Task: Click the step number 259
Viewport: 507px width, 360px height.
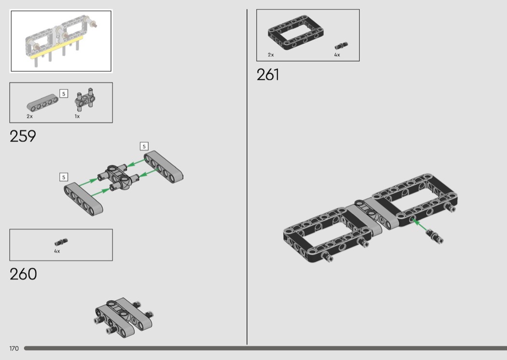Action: pos(23,136)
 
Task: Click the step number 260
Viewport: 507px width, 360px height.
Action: pos(23,274)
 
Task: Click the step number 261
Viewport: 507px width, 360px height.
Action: pos(268,75)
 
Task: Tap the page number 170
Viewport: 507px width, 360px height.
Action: pos(14,348)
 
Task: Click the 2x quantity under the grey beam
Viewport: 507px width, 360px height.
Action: pos(30,116)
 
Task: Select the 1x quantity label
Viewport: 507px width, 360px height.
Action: pos(77,116)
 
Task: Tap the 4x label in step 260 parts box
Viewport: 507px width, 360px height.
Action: pos(57,251)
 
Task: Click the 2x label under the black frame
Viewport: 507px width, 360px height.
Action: pos(270,55)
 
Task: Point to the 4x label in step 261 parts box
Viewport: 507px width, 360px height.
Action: pos(337,55)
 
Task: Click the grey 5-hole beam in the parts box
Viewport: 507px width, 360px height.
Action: pos(42,102)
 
